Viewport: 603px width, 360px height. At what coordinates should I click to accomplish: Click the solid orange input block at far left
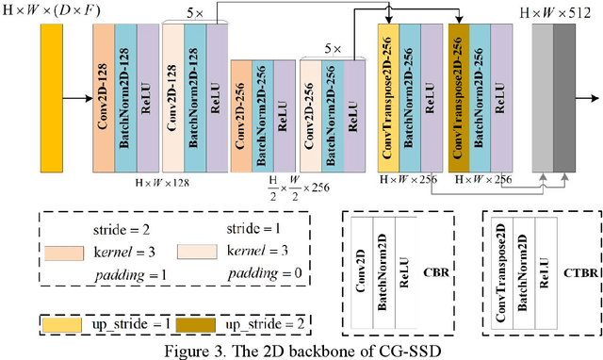[53, 98]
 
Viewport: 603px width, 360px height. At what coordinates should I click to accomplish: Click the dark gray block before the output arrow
[563, 98]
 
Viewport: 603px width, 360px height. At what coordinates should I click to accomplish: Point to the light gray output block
[543, 98]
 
